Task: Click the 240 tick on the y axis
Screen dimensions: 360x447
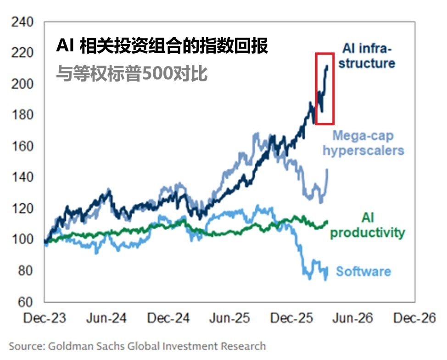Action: [22, 22]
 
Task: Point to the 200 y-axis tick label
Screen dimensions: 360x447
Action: [22, 84]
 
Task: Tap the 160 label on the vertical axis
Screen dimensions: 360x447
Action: [22, 146]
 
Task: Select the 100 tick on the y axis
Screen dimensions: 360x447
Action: [22, 239]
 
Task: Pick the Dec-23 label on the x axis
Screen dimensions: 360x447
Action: [45, 318]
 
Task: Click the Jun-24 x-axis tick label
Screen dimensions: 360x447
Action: [106, 318]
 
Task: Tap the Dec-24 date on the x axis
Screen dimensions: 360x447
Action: [168, 318]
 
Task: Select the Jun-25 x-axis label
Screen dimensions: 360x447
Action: [230, 318]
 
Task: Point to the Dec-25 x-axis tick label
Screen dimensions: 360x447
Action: [292, 318]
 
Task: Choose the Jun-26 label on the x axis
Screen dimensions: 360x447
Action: [354, 318]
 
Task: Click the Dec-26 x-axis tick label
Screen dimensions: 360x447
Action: [415, 318]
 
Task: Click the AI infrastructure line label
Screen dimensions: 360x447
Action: [368, 55]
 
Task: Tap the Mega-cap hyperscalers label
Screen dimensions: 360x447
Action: [363, 143]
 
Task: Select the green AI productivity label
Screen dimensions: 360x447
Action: [368, 225]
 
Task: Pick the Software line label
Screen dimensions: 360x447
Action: [363, 271]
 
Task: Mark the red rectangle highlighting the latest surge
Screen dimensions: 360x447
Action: [324, 89]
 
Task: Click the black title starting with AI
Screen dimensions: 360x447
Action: [162, 46]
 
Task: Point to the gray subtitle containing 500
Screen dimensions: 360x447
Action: [132, 73]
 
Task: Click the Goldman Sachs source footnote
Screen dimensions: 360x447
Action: [137, 346]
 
